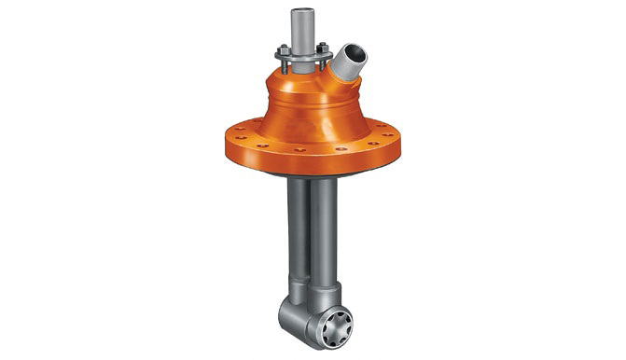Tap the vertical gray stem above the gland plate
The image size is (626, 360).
pos(303,34)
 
